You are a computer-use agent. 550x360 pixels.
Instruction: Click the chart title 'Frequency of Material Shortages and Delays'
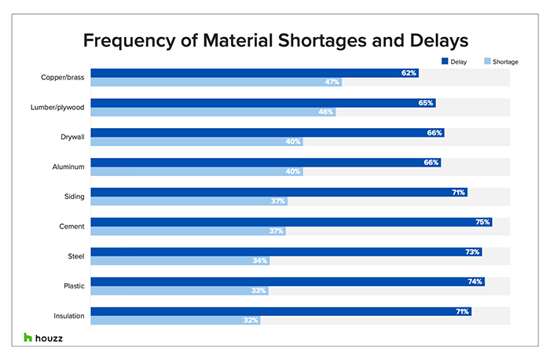(x=274, y=39)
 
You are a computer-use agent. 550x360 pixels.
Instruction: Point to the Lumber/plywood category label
(x=59, y=107)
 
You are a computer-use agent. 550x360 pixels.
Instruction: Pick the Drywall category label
(x=71, y=137)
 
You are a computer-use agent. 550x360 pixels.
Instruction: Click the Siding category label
(x=74, y=197)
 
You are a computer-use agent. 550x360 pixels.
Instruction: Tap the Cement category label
(x=71, y=226)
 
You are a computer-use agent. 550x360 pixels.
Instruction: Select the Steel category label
(x=75, y=256)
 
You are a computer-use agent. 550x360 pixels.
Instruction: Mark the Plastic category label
(x=73, y=286)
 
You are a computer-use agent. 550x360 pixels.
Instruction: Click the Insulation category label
(x=68, y=316)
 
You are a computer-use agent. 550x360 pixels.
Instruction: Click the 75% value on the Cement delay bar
(x=482, y=222)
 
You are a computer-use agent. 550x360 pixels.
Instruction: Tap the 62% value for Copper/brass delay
(x=409, y=73)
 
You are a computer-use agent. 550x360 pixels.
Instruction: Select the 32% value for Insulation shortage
(x=250, y=321)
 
